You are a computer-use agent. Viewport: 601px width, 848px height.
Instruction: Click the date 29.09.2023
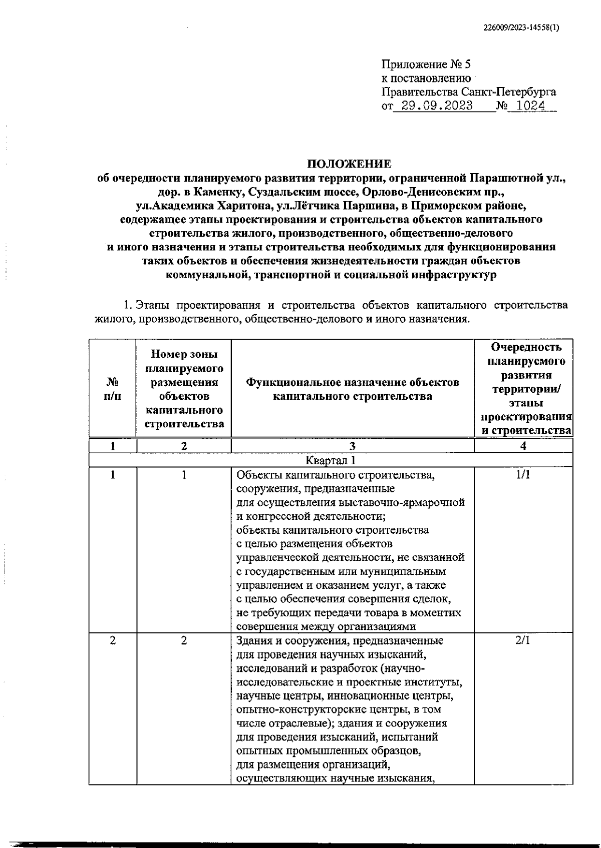pos(434,106)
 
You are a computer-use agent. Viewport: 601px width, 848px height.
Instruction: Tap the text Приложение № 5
pos(426,65)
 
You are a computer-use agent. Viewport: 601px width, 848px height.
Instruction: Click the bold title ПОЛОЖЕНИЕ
pos(349,164)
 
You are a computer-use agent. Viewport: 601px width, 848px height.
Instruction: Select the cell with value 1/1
pos(523,475)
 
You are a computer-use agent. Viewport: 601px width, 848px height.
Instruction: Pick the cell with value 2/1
pos(523,641)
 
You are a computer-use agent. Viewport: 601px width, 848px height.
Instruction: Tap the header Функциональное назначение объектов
pos(352,383)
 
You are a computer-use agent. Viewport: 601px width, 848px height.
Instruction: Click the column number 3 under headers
pos(352,446)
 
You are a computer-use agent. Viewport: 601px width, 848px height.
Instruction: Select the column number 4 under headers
pos(523,446)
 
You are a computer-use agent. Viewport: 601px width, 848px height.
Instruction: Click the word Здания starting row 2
pos(253,641)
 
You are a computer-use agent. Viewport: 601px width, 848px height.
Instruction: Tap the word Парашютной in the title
pos(506,178)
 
